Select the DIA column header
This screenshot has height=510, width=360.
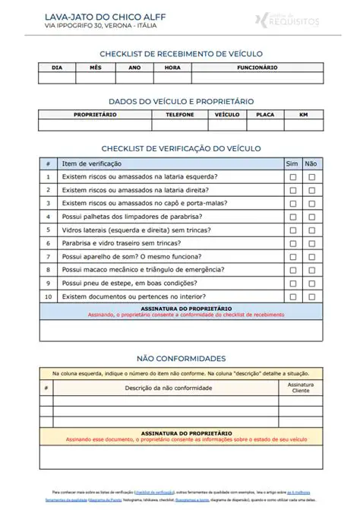pyautogui.click(x=57, y=68)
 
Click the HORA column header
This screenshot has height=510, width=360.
pyautogui.click(x=172, y=68)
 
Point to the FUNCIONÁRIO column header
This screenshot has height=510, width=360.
pyautogui.click(x=257, y=68)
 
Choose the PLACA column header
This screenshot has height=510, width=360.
pyautogui.click(x=265, y=115)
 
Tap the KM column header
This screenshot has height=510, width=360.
pyautogui.click(x=303, y=115)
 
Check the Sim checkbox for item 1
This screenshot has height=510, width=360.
pyautogui.click(x=292, y=177)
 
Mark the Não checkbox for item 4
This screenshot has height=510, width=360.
pyautogui.click(x=311, y=217)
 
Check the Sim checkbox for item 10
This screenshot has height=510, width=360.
pyautogui.click(x=292, y=296)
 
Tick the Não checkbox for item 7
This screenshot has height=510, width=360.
pyautogui.click(x=311, y=257)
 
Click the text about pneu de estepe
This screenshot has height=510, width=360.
pyautogui.click(x=135, y=283)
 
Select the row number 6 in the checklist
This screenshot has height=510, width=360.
pyautogui.click(x=48, y=243)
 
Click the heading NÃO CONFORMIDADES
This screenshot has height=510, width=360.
pyautogui.click(x=181, y=358)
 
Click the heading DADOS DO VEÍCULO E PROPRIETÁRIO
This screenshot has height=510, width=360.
pyautogui.click(x=181, y=101)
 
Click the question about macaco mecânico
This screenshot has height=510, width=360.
pyautogui.click(x=143, y=270)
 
